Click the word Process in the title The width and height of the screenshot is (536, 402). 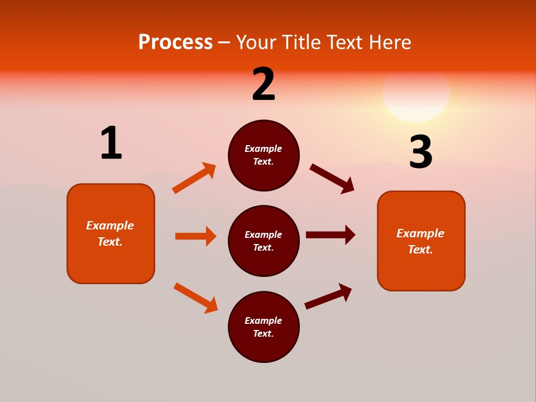coord(175,42)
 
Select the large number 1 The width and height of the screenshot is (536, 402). coord(111,143)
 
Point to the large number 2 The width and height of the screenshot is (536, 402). coord(264,84)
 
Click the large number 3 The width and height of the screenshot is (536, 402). coord(420,152)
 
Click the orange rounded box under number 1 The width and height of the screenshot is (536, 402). coord(111,233)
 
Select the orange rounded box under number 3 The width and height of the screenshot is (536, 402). coord(421,241)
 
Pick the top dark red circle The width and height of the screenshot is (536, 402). coord(264,155)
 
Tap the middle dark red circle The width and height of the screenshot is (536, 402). coord(264,241)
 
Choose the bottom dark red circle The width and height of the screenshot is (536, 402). coord(264,327)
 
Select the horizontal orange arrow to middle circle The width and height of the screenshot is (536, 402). coord(195,236)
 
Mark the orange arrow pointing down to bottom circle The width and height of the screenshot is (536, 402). coord(195,298)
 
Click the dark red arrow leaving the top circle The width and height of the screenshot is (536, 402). coord(332,179)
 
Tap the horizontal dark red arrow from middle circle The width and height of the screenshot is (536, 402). coord(330,235)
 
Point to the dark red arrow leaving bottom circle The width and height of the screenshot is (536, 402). coord(328,296)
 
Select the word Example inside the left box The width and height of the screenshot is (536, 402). coord(110,226)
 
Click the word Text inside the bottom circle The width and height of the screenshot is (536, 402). coord(263,333)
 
